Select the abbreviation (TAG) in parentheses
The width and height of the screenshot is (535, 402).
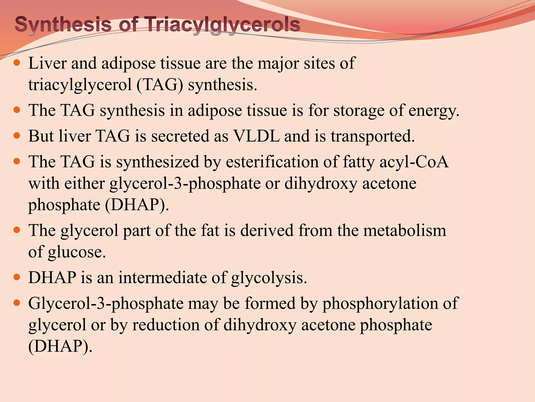(x=160, y=85)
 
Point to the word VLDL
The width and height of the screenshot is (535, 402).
(x=256, y=136)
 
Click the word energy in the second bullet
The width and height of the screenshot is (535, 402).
(x=434, y=110)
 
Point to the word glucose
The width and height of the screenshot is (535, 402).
(x=77, y=252)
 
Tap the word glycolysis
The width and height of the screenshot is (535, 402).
(x=269, y=278)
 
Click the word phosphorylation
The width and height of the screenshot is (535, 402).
(x=380, y=303)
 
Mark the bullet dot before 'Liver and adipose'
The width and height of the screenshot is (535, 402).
(x=17, y=63)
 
